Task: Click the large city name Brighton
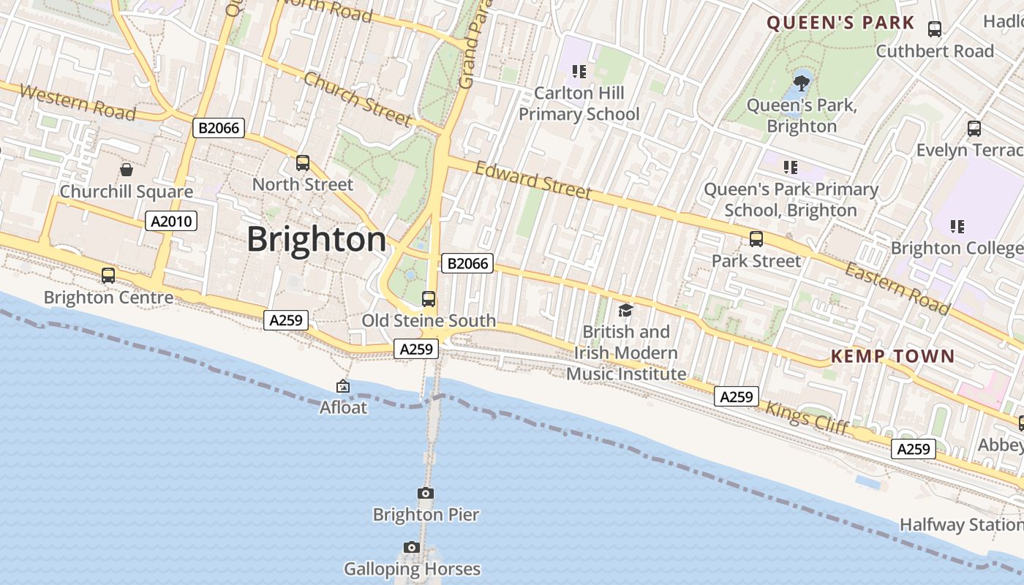pyautogui.click(x=316, y=240)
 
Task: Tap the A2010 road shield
pyautogui.click(x=171, y=221)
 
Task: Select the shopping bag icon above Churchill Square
pyautogui.click(x=127, y=170)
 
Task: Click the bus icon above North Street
pyautogui.click(x=303, y=163)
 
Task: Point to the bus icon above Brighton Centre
pyautogui.click(x=108, y=276)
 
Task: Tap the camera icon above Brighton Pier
pyautogui.click(x=425, y=494)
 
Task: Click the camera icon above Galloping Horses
pyautogui.click(x=412, y=548)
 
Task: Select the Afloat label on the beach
pyautogui.click(x=343, y=407)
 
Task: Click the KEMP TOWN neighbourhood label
pyautogui.click(x=892, y=357)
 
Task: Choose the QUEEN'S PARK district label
pyautogui.click(x=840, y=23)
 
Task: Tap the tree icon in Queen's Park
pyautogui.click(x=802, y=82)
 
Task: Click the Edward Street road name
pyautogui.click(x=532, y=180)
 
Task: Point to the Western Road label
pyautogui.click(x=78, y=102)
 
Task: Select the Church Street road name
pyautogui.click(x=357, y=98)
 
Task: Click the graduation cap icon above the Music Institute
pyautogui.click(x=625, y=311)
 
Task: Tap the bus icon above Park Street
pyautogui.click(x=756, y=239)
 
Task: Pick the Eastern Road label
pyautogui.click(x=897, y=288)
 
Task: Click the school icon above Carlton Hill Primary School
pyautogui.click(x=579, y=72)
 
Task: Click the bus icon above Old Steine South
pyautogui.click(x=429, y=299)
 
